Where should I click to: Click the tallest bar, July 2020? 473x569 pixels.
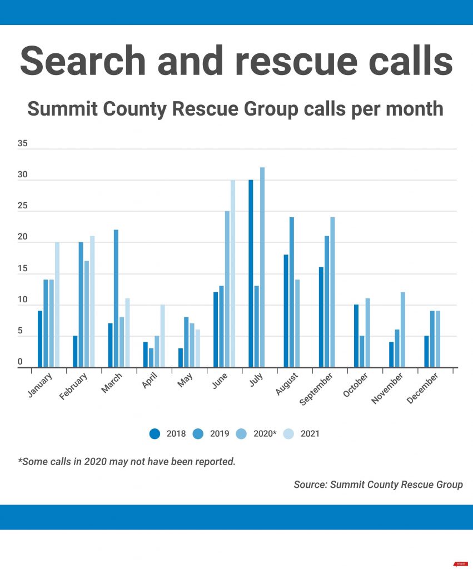point(262,267)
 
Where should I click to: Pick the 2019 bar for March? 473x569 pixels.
point(116,298)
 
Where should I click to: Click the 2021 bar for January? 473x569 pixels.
point(57,305)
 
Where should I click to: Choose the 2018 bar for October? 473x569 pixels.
point(356,336)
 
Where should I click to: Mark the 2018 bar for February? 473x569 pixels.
point(75,351)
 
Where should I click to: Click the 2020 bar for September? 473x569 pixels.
point(332,292)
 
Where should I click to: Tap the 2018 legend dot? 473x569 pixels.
point(155,433)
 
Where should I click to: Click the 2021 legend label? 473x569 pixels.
point(310,433)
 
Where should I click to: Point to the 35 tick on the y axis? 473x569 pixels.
point(22,143)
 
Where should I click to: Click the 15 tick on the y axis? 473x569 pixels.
point(22,269)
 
